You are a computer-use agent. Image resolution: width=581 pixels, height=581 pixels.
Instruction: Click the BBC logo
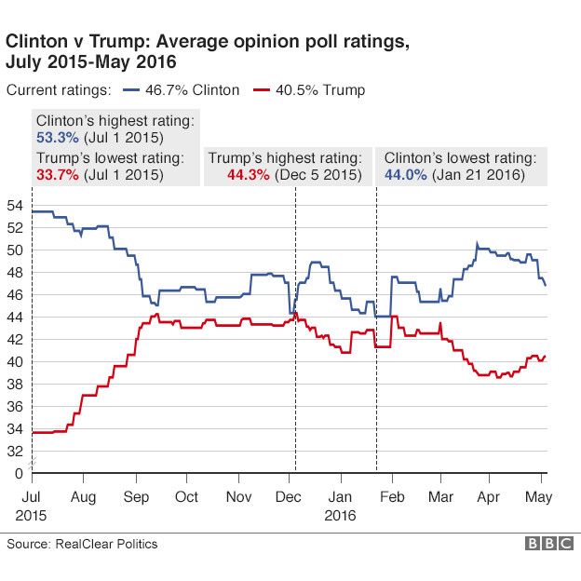pyautogui.click(x=548, y=544)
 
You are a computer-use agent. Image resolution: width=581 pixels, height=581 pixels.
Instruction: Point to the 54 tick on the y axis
pyautogui.click(x=14, y=205)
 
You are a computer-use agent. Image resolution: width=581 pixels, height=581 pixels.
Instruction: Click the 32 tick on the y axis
pyautogui.click(x=14, y=451)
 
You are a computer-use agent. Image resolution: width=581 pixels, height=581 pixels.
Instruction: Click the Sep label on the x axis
pyautogui.click(x=136, y=496)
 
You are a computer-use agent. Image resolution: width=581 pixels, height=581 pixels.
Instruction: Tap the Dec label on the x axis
pyautogui.click(x=289, y=496)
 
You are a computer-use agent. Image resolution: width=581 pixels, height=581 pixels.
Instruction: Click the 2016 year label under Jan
pyautogui.click(x=341, y=513)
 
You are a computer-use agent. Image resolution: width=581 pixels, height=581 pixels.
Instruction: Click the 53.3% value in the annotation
pyautogui.click(x=54, y=138)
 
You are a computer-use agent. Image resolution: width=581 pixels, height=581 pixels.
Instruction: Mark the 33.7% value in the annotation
pyautogui.click(x=54, y=174)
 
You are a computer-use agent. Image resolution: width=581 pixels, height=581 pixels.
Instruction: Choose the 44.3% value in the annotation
pyautogui.click(x=248, y=174)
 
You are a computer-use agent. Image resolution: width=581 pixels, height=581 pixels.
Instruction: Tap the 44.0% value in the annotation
pyautogui.click(x=405, y=174)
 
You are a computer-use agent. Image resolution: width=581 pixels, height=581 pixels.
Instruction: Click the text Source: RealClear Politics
pyautogui.click(x=83, y=544)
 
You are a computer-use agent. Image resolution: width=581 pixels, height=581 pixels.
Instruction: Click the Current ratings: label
pyautogui.click(x=59, y=90)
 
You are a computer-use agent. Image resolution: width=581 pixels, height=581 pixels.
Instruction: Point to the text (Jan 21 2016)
pyautogui.click(x=478, y=174)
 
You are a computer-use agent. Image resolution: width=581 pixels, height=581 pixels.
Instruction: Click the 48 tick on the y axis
pyautogui.click(x=14, y=272)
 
